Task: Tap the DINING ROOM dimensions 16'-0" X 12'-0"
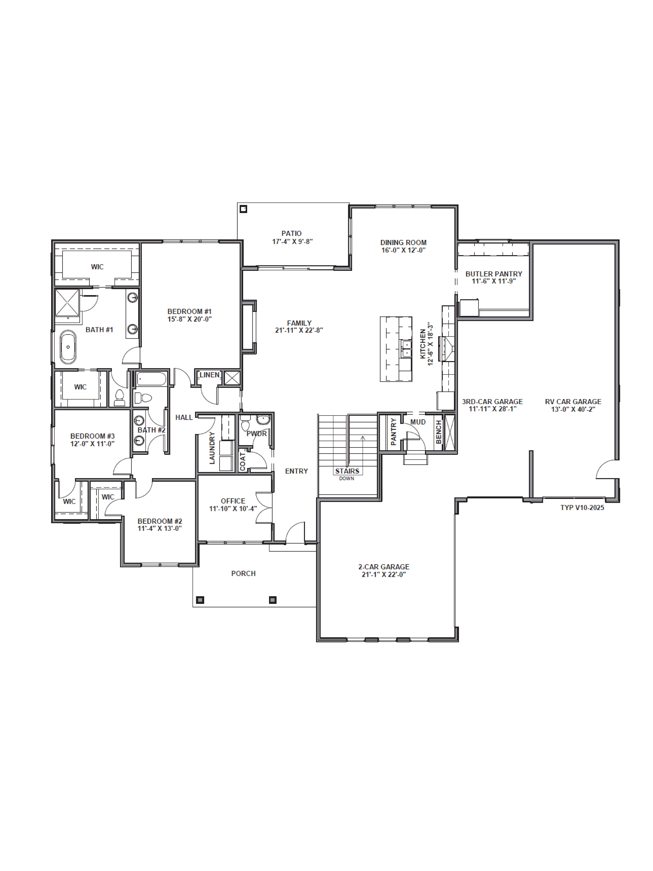coord(403,250)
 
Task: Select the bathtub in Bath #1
coord(68,347)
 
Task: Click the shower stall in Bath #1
coord(67,302)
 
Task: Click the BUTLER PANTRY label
coord(494,274)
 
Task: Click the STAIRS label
coord(347,471)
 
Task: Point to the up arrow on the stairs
coord(363,438)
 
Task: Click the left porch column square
coord(200,600)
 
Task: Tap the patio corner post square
coord(243,209)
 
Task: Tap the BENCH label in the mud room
coord(438,432)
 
